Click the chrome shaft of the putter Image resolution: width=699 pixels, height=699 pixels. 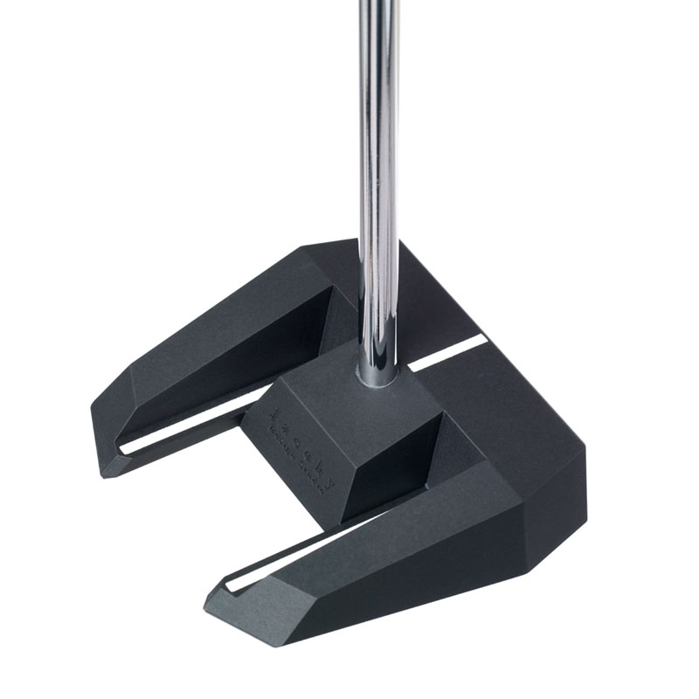click(378, 175)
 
